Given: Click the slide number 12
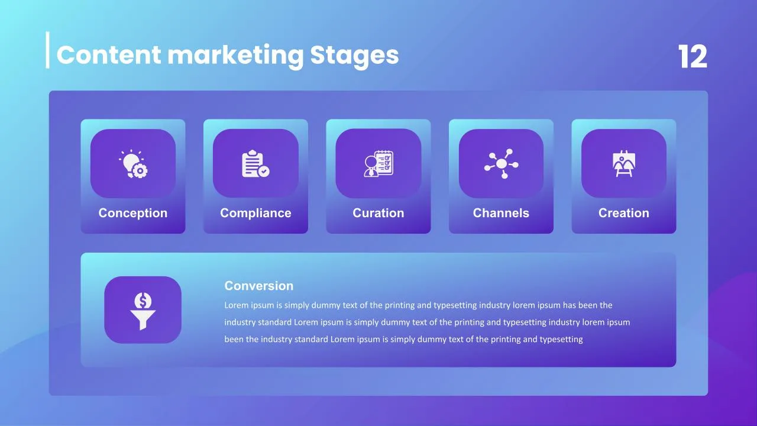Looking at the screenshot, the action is click(693, 56).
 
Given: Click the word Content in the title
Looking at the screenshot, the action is click(109, 55).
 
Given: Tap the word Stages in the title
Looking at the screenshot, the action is click(354, 56).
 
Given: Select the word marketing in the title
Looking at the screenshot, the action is click(235, 56).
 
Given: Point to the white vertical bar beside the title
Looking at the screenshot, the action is click(48, 50).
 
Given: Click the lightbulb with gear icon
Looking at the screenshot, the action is click(133, 164).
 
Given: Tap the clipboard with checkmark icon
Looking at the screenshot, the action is click(255, 164).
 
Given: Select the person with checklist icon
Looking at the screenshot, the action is click(378, 164).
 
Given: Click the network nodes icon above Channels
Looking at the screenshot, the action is click(501, 164).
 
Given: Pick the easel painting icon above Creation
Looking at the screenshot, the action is click(624, 164).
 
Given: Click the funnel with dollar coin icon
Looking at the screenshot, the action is click(143, 311).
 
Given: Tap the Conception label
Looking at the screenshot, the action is click(133, 213).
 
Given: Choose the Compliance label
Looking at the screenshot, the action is click(255, 213).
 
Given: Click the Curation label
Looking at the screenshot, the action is click(378, 213).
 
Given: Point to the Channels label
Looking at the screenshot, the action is click(501, 213).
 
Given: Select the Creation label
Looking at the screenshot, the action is click(624, 213).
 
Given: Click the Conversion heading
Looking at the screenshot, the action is click(259, 286).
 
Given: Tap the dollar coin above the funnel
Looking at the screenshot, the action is click(143, 301).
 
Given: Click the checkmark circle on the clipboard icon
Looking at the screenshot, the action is click(264, 172).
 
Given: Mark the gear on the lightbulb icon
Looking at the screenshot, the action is click(140, 171).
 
